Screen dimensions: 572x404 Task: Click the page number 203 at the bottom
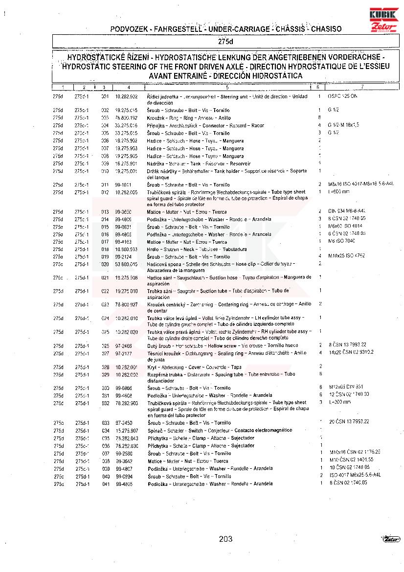pos(225,539)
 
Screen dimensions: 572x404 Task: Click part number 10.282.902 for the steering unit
pos(126,96)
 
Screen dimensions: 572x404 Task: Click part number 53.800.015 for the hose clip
pos(126,264)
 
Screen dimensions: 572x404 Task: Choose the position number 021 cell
pos(105,277)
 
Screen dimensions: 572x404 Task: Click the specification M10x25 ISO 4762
pos(347,255)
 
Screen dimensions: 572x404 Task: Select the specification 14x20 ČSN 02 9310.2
pos(351,352)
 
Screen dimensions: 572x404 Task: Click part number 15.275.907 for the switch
pos(126,430)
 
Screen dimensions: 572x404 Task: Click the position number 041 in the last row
pos(105,483)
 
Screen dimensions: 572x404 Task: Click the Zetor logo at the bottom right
pos(391,539)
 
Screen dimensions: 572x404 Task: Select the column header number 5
pos(227,87)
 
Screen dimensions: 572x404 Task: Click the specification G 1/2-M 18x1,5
pos(343,125)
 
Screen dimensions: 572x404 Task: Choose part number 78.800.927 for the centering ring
pos(126,304)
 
